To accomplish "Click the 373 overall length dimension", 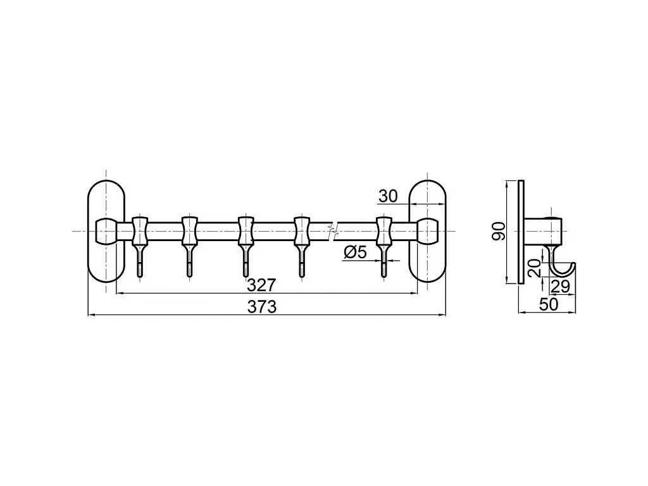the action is click(x=261, y=307).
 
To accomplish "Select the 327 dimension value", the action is click(x=261, y=285).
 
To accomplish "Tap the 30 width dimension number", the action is click(x=388, y=196).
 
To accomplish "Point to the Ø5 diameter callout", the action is click(x=355, y=252).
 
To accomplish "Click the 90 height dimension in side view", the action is click(x=499, y=232).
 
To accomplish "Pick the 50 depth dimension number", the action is click(x=549, y=304).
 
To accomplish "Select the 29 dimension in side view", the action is click(x=561, y=287).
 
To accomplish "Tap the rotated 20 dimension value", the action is click(x=534, y=268).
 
